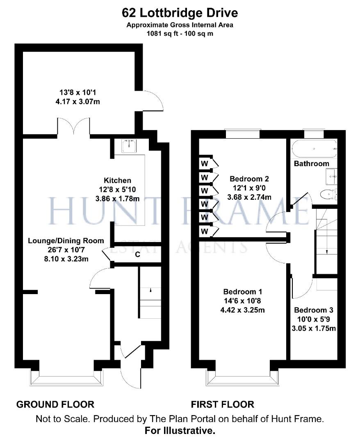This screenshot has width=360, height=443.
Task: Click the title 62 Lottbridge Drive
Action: (x=180, y=13)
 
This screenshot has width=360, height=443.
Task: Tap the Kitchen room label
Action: (x=117, y=180)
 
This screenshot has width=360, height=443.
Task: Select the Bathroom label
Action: (x=312, y=164)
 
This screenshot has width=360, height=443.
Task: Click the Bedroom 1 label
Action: (x=242, y=292)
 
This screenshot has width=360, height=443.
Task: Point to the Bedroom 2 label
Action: (x=249, y=179)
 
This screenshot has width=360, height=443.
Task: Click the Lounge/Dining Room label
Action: (x=66, y=241)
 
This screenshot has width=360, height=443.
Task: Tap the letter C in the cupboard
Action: (x=138, y=254)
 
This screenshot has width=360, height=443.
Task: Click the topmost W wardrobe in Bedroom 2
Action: (x=204, y=163)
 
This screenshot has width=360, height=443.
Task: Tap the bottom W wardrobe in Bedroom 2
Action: (x=204, y=232)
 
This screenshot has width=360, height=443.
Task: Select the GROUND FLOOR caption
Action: (x=55, y=404)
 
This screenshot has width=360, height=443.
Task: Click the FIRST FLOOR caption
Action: (x=223, y=404)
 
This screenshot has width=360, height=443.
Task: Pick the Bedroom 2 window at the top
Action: (x=243, y=134)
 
